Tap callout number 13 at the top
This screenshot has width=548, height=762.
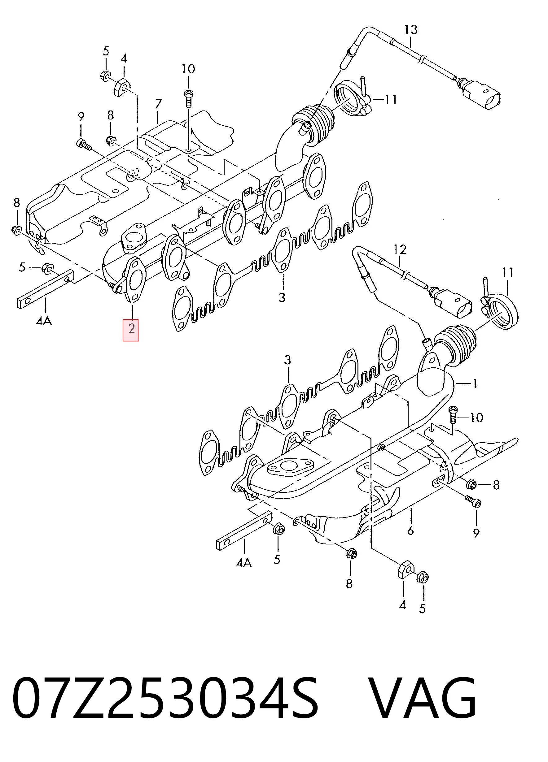pyautogui.click(x=410, y=30)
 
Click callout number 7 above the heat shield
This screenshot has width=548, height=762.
pyautogui.click(x=158, y=103)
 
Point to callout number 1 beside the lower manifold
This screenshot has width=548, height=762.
pyautogui.click(x=474, y=383)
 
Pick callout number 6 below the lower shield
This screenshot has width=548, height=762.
pyautogui.click(x=410, y=530)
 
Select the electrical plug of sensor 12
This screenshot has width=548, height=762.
pyautogui.click(x=453, y=301)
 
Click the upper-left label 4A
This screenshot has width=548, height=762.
pyautogui.click(x=44, y=321)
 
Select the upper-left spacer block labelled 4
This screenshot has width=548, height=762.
pyautogui.click(x=122, y=87)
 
